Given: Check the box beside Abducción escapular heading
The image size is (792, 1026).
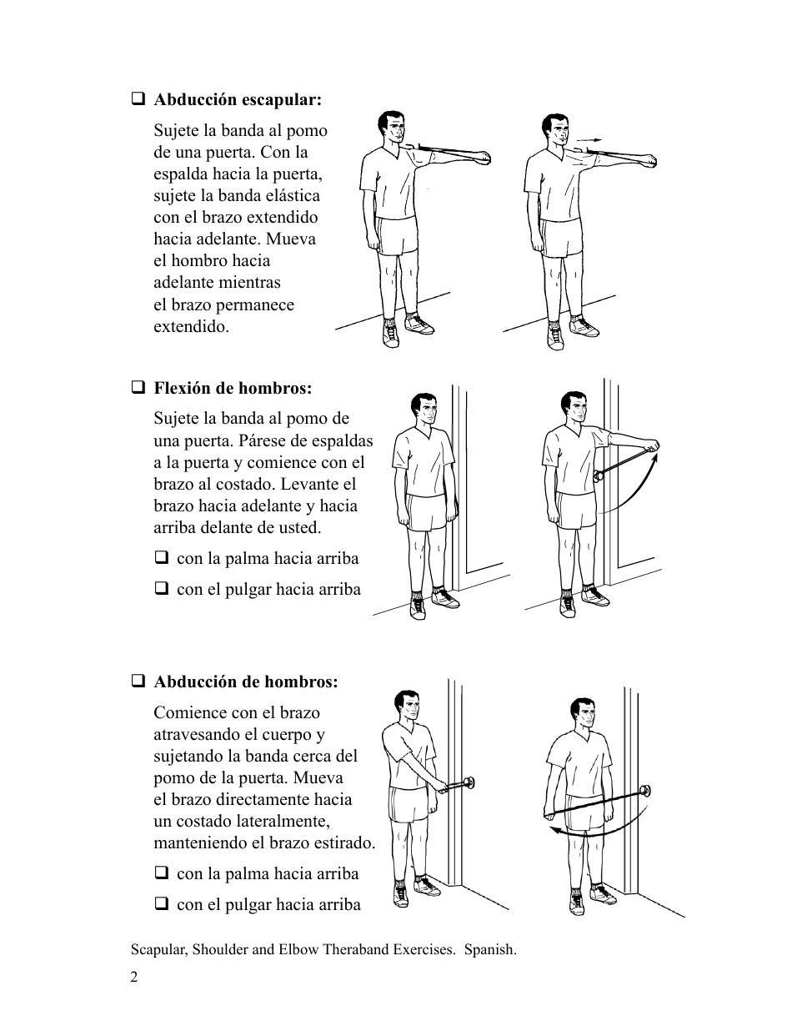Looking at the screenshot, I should (x=138, y=99).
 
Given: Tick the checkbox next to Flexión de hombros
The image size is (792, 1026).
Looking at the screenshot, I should (x=138, y=388).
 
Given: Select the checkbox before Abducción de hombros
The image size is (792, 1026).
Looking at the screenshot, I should (x=138, y=681).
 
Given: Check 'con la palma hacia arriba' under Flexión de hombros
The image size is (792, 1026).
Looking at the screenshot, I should (x=161, y=558).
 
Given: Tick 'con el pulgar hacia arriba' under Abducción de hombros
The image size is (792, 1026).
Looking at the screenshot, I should (x=161, y=903).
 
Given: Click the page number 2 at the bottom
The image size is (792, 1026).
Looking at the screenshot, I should (x=134, y=977).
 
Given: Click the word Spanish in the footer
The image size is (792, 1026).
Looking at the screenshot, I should (x=490, y=949).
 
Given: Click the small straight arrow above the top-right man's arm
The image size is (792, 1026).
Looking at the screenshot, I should (x=589, y=138).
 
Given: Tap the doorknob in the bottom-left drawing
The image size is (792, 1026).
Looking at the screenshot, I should (x=469, y=782).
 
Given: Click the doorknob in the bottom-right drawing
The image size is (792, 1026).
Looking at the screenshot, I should (x=644, y=791).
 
